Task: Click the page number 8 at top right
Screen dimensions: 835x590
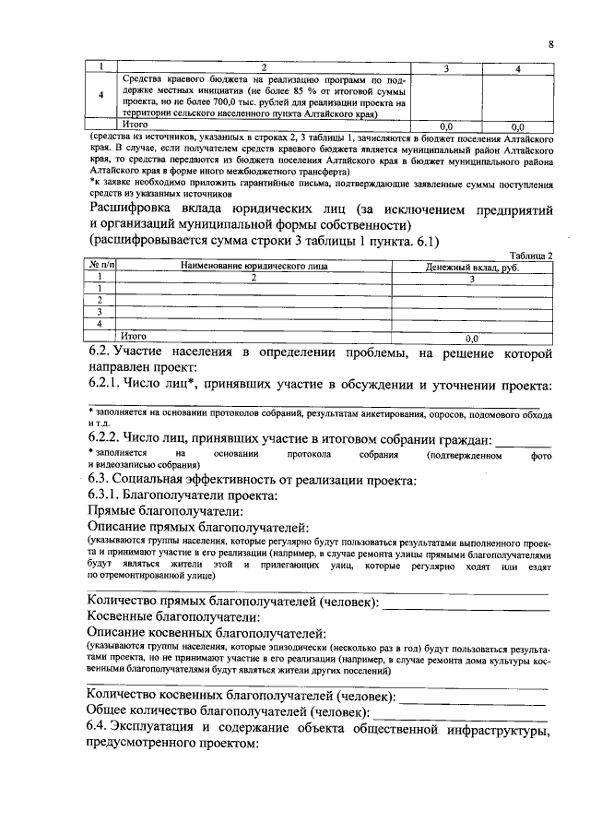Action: click(x=549, y=44)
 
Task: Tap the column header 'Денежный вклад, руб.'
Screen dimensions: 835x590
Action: click(x=472, y=266)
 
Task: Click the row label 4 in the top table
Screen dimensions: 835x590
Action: click(x=100, y=96)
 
